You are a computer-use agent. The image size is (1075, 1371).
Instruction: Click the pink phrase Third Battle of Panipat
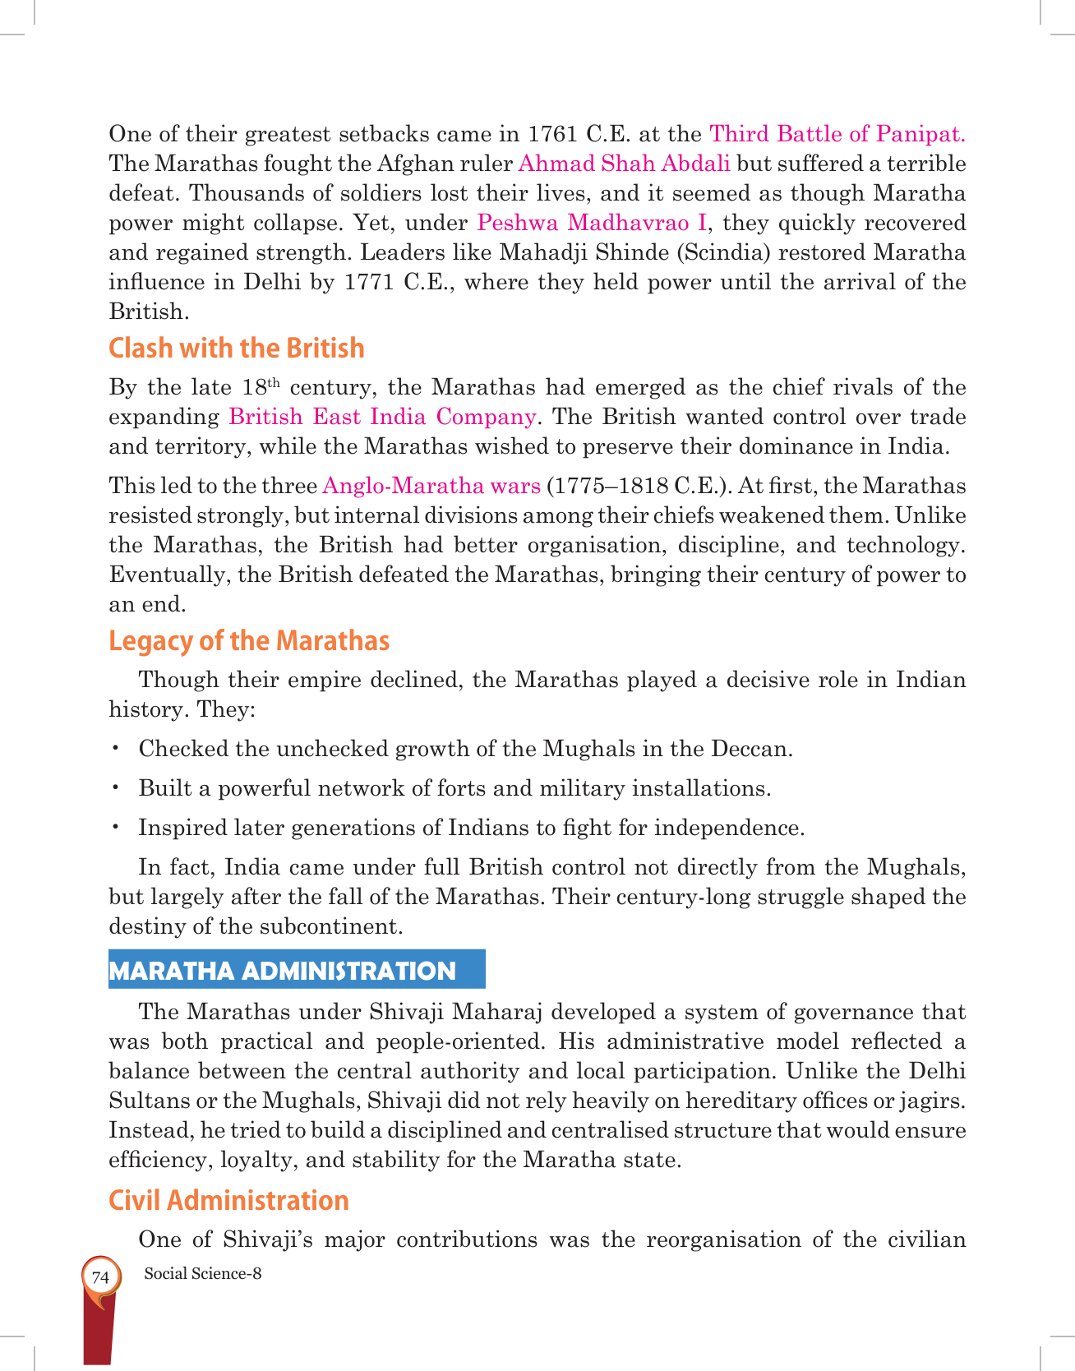tap(837, 133)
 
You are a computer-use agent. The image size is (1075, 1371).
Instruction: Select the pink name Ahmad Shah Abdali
tap(625, 163)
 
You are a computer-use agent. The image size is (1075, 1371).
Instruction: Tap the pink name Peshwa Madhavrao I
tap(592, 222)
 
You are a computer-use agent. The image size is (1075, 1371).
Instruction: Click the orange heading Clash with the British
tap(237, 348)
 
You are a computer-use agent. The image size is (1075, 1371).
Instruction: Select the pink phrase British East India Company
tap(382, 417)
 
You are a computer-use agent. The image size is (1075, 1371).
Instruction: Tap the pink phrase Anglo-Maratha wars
tap(431, 486)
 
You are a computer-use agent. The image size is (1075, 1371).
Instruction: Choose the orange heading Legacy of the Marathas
tap(249, 640)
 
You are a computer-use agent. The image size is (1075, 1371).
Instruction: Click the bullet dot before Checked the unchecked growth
tap(117, 748)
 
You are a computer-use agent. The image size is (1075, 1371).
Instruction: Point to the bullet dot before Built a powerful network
tap(117, 787)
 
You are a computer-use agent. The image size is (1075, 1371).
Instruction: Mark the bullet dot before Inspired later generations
tap(117, 827)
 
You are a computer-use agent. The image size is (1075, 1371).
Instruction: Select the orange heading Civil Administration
tap(228, 1200)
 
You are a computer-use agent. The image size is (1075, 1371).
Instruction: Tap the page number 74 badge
tap(100, 1277)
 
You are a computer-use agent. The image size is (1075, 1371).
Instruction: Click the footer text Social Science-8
tap(202, 1273)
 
